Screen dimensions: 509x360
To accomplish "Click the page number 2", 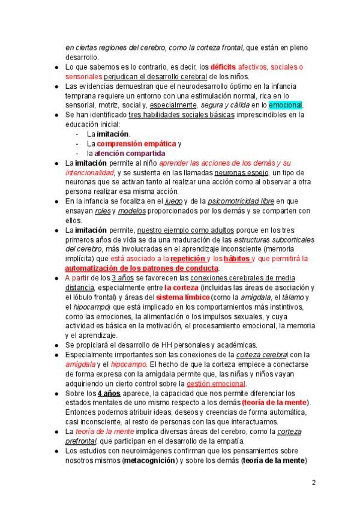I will [314, 482].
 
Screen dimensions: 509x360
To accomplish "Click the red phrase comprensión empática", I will [136, 144].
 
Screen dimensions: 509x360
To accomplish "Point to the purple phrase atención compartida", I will [131, 154].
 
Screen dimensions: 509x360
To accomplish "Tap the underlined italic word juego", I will [173, 201].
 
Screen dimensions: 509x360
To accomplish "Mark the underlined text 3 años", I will [122, 278].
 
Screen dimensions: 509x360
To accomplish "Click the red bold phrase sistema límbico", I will [182, 297].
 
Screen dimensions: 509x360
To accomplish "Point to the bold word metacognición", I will [149, 460].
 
